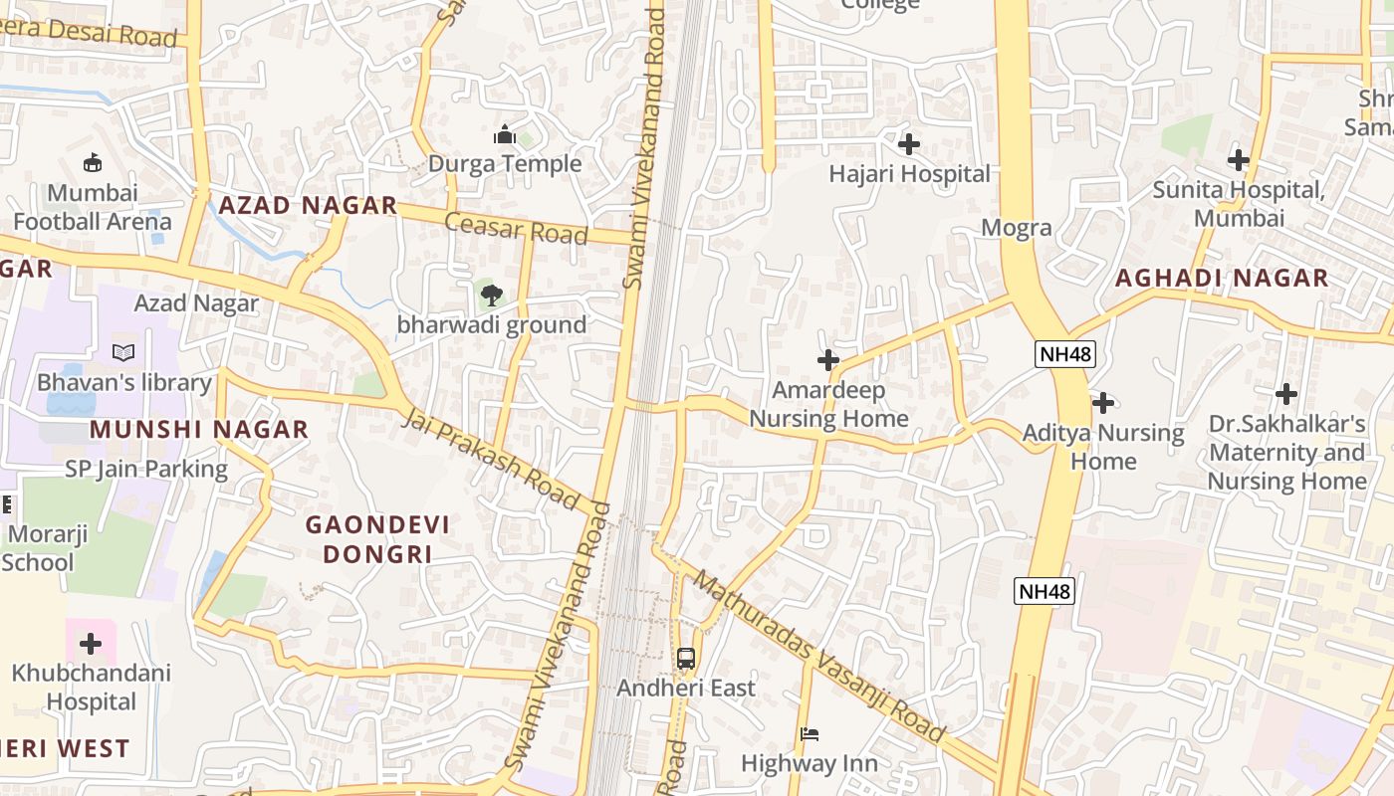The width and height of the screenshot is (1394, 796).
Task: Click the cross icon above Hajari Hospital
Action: (x=908, y=145)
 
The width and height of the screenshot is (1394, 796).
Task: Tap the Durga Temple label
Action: (x=505, y=164)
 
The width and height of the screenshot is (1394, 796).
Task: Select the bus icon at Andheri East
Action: (x=686, y=658)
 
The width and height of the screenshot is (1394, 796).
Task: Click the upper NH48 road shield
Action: (x=1065, y=353)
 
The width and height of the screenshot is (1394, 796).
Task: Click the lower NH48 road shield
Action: (x=1045, y=591)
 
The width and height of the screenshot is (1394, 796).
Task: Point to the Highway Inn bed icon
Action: (x=810, y=735)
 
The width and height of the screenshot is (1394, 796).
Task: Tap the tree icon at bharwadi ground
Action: (x=491, y=295)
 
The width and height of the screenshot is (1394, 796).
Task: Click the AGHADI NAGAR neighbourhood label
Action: (x=1222, y=278)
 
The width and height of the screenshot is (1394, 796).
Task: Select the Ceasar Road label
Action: (x=516, y=228)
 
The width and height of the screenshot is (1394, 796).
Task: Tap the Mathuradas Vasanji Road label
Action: (x=818, y=657)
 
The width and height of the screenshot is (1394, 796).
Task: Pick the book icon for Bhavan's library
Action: (x=123, y=352)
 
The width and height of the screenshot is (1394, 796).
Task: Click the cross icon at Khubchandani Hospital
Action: (x=91, y=644)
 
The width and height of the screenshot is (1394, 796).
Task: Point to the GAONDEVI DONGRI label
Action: (x=377, y=539)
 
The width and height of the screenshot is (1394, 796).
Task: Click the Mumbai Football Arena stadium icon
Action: (x=93, y=162)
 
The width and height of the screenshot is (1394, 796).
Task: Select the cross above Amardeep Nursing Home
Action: (x=827, y=360)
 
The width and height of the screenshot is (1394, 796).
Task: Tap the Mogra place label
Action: (x=1016, y=228)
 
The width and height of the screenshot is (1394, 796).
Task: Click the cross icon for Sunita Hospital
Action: (x=1238, y=160)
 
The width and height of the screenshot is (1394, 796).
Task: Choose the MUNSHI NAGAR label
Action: (x=199, y=430)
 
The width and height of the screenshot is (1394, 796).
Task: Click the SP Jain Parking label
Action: (x=146, y=469)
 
